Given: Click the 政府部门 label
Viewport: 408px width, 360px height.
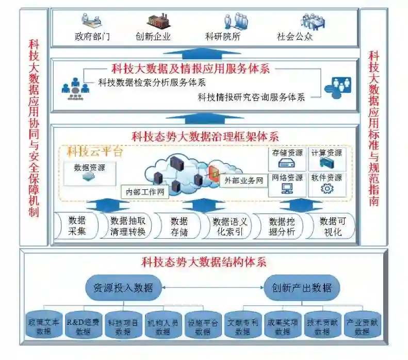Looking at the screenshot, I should pos(92,37).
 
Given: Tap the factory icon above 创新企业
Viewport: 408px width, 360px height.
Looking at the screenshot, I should pos(158,21).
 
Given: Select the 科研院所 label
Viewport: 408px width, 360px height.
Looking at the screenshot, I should pos(223,37).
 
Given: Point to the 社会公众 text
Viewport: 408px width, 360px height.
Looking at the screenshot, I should pos(295,37).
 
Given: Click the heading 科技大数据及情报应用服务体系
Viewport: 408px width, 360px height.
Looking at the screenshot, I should pos(191,69).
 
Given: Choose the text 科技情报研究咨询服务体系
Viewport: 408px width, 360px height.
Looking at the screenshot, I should pos(251,96).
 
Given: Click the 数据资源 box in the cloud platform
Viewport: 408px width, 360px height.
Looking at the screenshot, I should pos(89,172).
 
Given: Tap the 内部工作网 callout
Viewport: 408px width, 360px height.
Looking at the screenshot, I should pos(145,192).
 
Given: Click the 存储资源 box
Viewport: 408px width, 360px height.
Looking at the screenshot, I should pos(288,158).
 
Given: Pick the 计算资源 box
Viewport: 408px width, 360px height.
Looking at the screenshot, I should pos(327,158).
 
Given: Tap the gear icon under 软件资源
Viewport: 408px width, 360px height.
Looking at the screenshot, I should pos(327,189).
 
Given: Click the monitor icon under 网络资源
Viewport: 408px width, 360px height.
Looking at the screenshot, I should pos(287,189).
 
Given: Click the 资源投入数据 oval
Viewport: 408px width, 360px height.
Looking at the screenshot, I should pos(124,288).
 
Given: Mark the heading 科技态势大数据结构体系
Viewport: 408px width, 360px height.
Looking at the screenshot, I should pos(204,262).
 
